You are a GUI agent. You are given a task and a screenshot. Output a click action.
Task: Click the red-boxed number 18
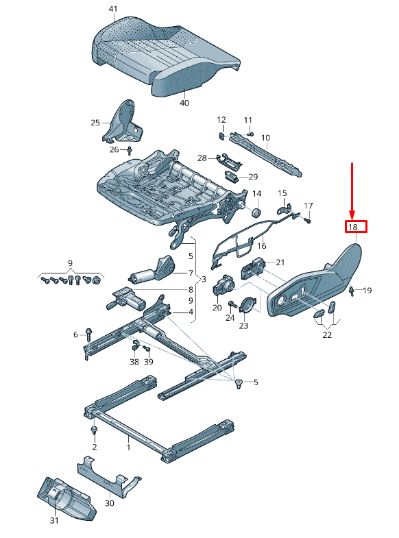356,227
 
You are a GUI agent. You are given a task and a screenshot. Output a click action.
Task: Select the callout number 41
113,9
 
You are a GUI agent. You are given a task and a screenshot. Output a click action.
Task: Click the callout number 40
184,103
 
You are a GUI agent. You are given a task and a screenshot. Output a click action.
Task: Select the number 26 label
114,149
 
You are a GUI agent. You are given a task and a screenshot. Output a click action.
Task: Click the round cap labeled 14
256,211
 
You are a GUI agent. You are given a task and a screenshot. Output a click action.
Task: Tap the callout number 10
265,138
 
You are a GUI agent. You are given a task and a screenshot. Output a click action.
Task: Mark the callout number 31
54,520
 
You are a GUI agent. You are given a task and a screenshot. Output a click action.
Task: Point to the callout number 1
128,447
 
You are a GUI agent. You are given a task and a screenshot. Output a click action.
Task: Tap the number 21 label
279,262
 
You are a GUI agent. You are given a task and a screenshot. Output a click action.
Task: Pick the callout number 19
367,291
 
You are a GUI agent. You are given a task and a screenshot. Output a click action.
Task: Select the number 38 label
134,361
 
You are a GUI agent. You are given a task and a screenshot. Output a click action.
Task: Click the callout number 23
243,326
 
